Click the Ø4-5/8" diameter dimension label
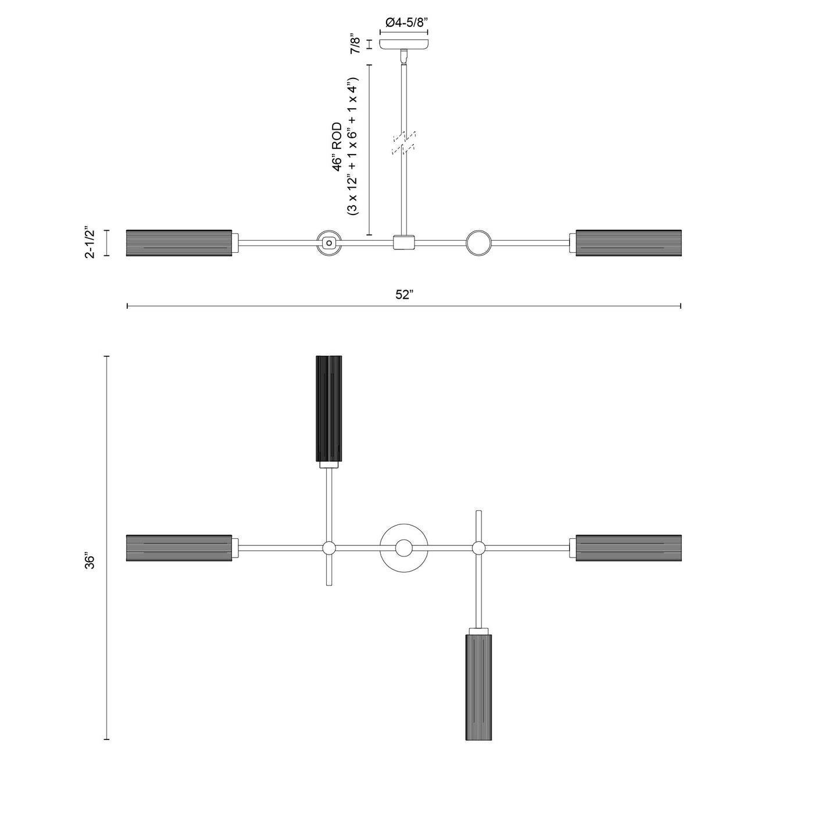(406, 23)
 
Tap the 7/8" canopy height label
(355, 44)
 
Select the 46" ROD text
(338, 147)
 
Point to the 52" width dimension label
(403, 295)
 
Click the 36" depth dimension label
(90, 561)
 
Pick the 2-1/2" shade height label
(90, 242)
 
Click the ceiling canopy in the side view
(404, 44)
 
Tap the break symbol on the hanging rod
(404, 143)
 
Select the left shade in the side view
(179, 243)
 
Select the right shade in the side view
(628, 243)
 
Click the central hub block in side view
(403, 242)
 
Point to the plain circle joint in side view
(478, 243)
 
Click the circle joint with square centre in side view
(329, 243)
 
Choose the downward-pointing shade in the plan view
(478, 687)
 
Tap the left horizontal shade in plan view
(179, 548)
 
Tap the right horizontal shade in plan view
(628, 548)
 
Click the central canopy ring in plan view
(403, 548)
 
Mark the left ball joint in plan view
(329, 548)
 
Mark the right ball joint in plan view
(478, 548)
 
